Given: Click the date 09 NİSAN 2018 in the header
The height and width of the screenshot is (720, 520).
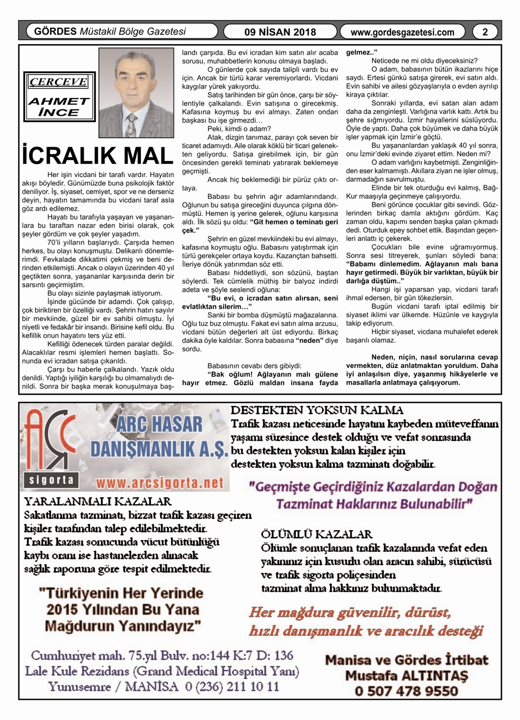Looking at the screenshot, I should point(280,32).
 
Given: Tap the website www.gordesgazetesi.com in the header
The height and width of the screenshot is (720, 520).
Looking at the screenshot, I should point(403,32).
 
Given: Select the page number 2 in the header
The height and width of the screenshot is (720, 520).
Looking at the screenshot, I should point(485,32).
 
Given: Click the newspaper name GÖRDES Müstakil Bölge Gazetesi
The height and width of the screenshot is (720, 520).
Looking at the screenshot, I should point(110,31).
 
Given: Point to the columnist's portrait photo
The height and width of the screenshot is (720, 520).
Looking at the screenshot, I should point(136,93).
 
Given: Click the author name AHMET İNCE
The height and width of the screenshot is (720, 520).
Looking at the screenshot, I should point(59,107).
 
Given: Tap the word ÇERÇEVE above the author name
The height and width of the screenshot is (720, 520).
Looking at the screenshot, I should point(59,82).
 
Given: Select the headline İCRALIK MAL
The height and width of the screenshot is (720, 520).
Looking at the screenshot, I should point(98,156).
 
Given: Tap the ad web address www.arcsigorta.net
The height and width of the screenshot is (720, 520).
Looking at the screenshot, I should point(159,483).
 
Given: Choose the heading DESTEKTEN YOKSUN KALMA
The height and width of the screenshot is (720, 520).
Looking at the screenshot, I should point(317,411).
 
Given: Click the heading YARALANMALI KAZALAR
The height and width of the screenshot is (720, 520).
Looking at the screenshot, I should point(98,501).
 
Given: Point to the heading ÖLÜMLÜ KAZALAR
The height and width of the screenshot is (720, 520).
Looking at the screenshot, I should point(316,534).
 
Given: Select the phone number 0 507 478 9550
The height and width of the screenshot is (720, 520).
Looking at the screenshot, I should point(406,691).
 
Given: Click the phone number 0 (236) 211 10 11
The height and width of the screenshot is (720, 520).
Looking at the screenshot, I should point(231,686).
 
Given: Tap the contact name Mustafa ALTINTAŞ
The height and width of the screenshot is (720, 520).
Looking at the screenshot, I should point(406,676).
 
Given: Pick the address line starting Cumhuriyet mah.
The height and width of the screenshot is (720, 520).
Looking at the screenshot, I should point(162,655).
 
